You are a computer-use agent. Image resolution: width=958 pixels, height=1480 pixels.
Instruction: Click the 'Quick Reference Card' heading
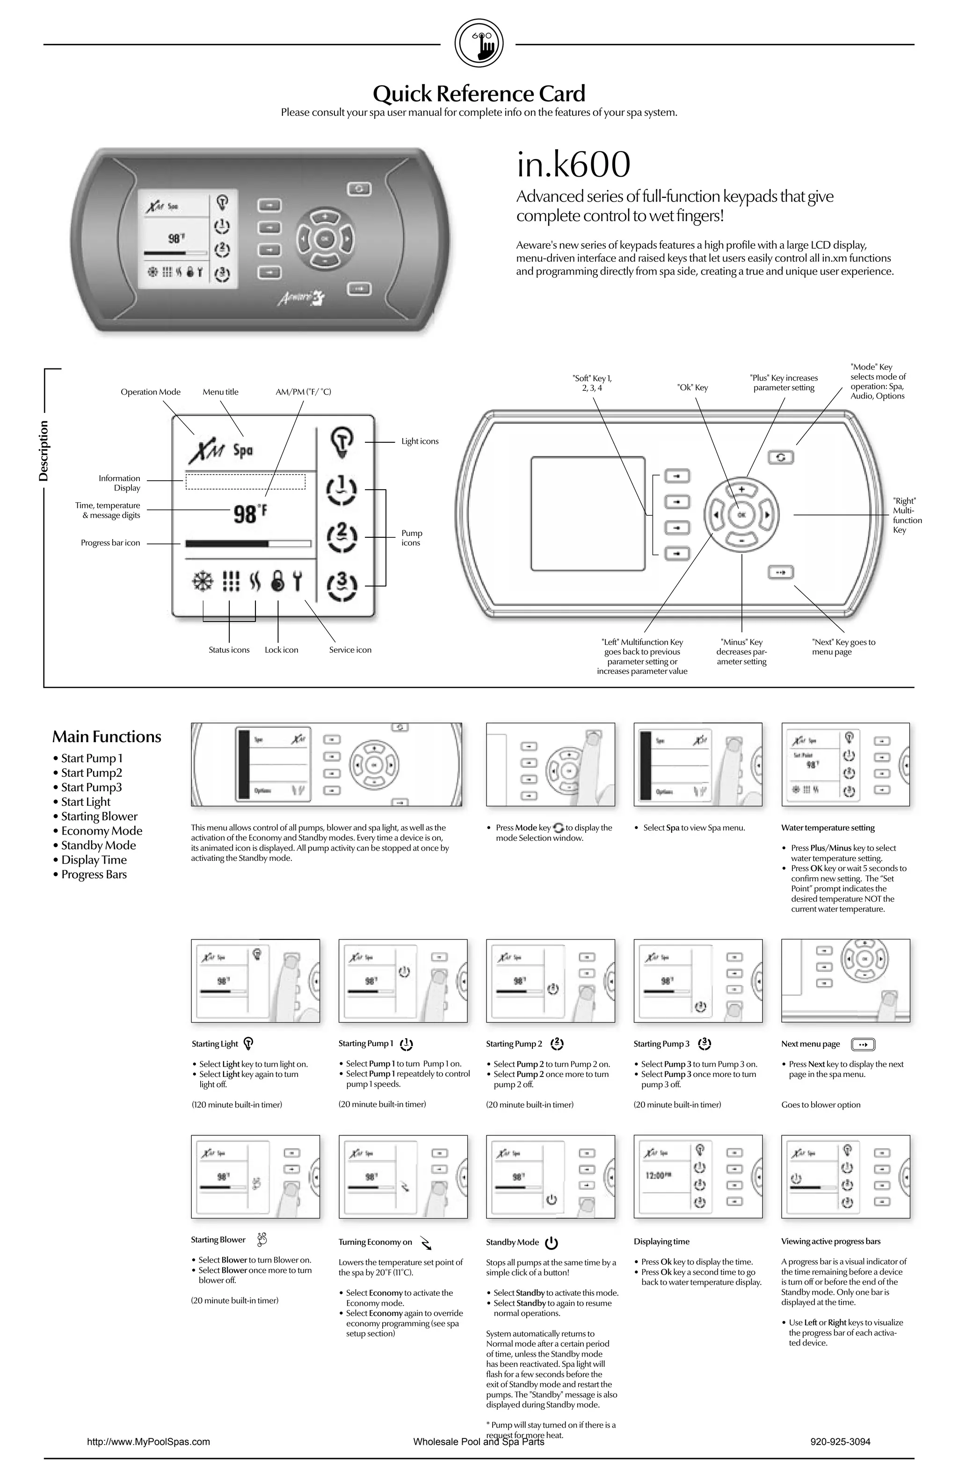(x=479, y=94)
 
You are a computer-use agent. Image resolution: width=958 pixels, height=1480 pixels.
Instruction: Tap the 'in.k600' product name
(x=573, y=165)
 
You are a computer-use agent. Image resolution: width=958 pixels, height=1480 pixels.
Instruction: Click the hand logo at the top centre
(x=479, y=43)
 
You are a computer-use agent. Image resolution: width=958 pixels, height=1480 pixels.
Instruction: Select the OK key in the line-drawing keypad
(x=741, y=515)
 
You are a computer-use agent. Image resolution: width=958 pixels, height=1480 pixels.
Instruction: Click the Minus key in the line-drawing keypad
(x=741, y=541)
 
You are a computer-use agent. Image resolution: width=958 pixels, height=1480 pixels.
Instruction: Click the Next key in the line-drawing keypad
(x=781, y=571)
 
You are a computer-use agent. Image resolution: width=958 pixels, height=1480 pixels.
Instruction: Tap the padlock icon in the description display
(x=278, y=581)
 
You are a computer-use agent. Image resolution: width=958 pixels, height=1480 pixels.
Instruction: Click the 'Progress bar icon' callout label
(x=110, y=543)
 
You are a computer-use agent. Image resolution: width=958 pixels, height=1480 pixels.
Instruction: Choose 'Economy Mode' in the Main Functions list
(x=102, y=831)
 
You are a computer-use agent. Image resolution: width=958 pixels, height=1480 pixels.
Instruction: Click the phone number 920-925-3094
(x=840, y=1442)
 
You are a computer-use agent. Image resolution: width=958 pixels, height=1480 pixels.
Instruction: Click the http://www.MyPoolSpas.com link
(x=148, y=1442)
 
